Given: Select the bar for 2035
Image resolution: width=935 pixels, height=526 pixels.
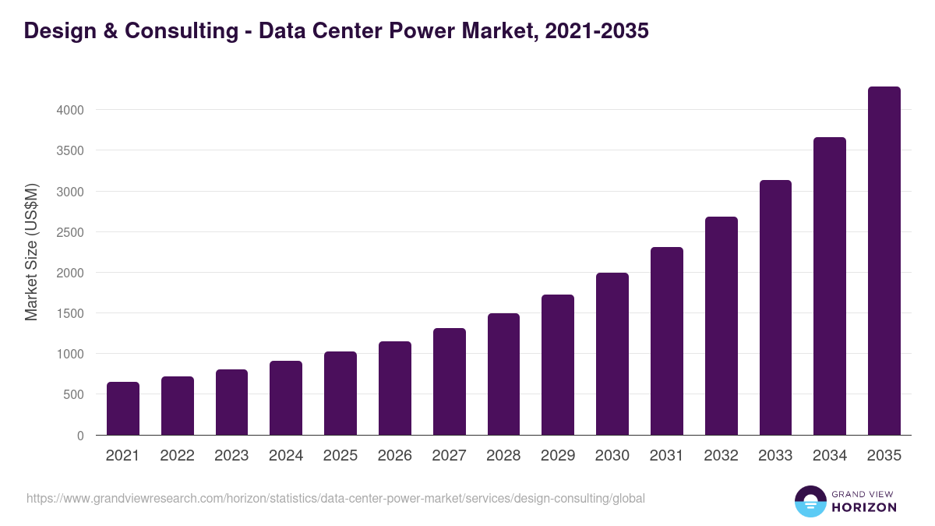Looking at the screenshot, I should pyautogui.click(x=884, y=261).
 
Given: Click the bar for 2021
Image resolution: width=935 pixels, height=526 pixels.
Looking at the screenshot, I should pyautogui.click(x=123, y=408).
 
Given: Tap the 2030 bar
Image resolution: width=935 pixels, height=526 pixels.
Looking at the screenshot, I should pyautogui.click(x=612, y=354).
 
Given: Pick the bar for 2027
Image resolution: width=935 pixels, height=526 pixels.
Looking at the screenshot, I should pyautogui.click(x=449, y=382).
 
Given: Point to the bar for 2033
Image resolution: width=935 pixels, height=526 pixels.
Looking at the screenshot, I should pyautogui.click(x=775, y=308).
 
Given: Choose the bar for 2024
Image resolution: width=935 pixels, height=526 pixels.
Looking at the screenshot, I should pyautogui.click(x=286, y=398).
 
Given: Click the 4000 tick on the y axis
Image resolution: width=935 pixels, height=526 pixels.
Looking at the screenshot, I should pyautogui.click(x=70, y=110).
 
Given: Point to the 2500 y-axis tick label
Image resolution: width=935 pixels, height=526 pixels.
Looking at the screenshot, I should pyautogui.click(x=70, y=232).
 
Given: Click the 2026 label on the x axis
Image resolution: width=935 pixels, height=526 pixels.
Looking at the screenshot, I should pyautogui.click(x=394, y=456).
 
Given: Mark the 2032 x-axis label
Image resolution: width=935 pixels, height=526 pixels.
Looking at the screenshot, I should pyautogui.click(x=721, y=456).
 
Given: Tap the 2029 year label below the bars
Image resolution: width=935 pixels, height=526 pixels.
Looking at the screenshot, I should pyautogui.click(x=558, y=456).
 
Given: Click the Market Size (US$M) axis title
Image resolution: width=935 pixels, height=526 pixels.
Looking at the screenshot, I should pyautogui.click(x=31, y=252).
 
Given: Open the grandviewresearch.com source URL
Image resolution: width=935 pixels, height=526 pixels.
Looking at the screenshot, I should pyautogui.click(x=335, y=498).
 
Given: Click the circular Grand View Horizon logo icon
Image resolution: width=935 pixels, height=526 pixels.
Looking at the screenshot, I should pyautogui.click(x=810, y=501).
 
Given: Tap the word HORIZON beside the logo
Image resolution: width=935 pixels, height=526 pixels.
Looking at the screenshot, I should pyautogui.click(x=864, y=507).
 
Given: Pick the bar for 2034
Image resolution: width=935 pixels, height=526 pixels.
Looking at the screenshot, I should pyautogui.click(x=829, y=286).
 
